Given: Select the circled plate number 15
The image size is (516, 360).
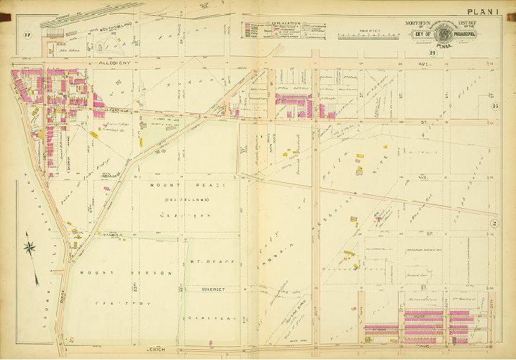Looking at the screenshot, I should (x=495, y=107).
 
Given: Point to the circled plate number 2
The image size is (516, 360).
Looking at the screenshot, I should (x=495, y=225).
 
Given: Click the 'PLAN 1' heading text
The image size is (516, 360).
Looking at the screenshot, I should (x=487, y=11).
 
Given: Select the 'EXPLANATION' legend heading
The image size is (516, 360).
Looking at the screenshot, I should (x=286, y=23).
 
